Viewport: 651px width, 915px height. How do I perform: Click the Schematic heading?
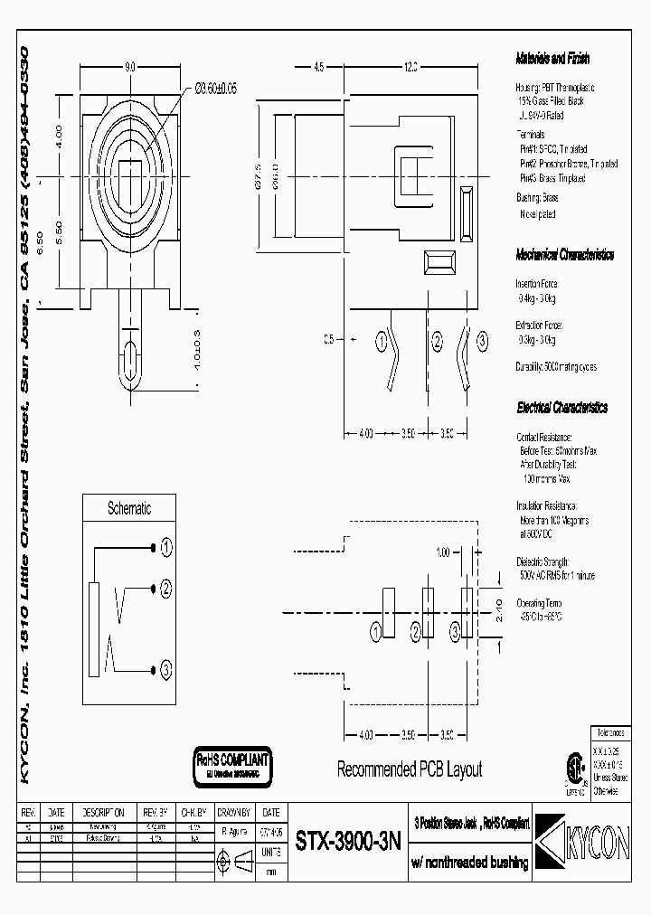tap(129, 509)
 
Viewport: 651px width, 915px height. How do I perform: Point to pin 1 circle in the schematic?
tap(166, 548)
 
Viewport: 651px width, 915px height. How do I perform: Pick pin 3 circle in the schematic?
tap(166, 671)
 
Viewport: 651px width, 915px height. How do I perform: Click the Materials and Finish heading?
tap(552, 58)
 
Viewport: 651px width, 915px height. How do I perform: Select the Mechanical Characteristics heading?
tap(564, 255)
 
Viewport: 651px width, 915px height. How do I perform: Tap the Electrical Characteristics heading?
tap(561, 408)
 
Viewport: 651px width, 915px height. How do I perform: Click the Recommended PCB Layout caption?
tap(409, 770)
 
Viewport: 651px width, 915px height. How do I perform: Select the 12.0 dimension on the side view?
tap(410, 67)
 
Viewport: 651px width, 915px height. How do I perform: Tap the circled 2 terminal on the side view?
tap(437, 341)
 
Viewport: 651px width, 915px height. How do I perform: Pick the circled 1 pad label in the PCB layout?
tap(376, 631)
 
